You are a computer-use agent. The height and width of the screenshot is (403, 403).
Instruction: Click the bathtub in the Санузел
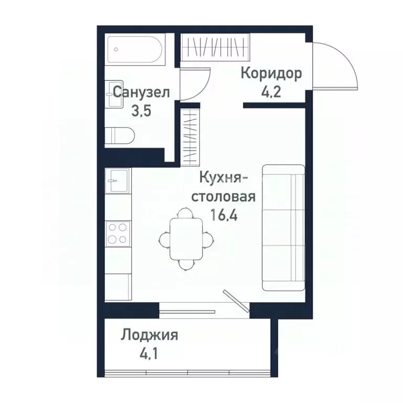pyautogui.click(x=135, y=49)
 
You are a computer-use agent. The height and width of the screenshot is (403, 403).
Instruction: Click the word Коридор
pyautogui.click(x=271, y=73)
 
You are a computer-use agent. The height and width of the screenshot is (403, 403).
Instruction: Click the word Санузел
pyautogui.click(x=141, y=92)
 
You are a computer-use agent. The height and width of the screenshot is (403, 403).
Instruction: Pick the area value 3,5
pyautogui.click(x=140, y=112)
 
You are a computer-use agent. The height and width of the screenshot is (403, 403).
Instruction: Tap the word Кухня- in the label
pyautogui.click(x=219, y=179)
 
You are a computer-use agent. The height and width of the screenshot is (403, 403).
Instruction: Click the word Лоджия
pyautogui.click(x=150, y=335)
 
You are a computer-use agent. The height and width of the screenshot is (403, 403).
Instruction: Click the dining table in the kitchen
pyautogui.click(x=186, y=239)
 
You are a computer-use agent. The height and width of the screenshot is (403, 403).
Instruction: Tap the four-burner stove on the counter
pyautogui.click(x=117, y=233)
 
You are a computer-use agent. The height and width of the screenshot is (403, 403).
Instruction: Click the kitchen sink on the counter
pyautogui.click(x=116, y=181)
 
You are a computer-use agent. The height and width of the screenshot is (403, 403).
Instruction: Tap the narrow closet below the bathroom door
pyautogui.click(x=189, y=135)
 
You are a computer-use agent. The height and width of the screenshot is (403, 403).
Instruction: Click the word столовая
pyautogui.click(x=222, y=197)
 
